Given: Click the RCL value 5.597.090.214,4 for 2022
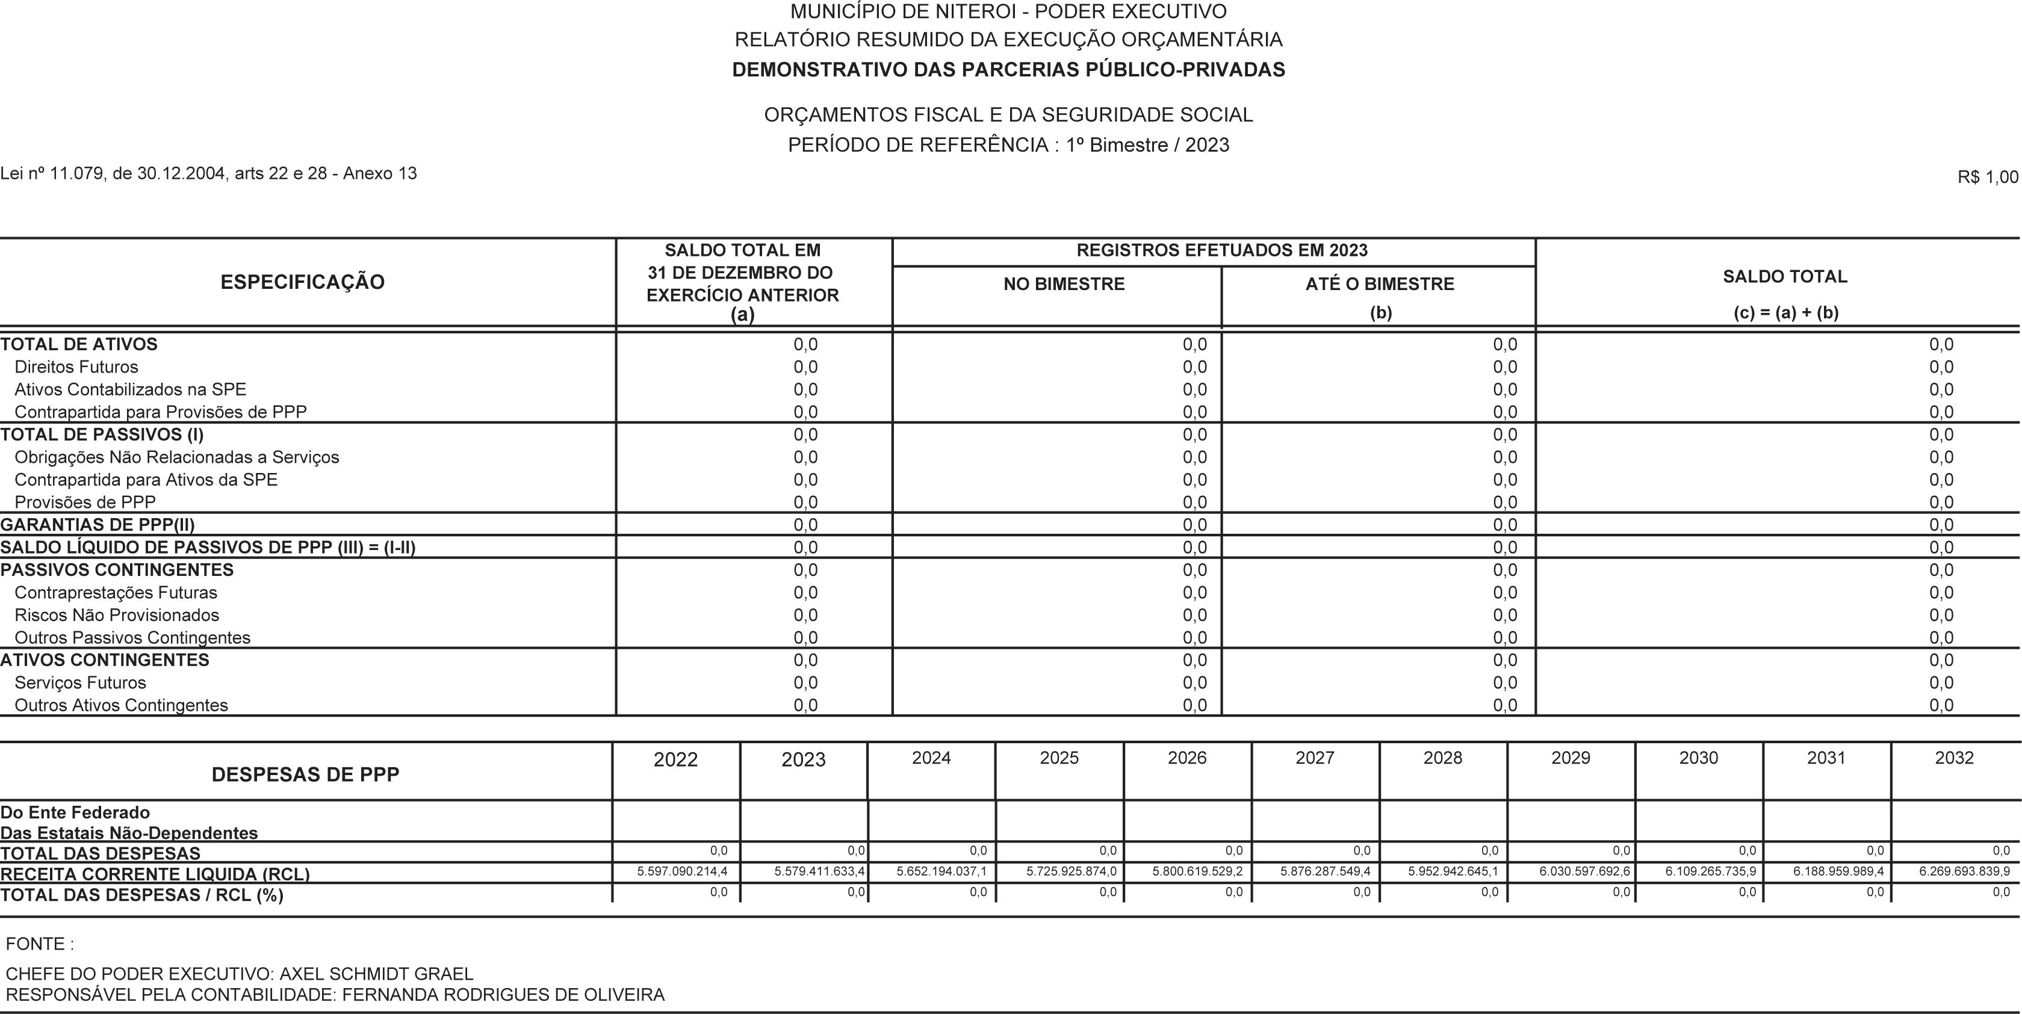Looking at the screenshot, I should point(682,871).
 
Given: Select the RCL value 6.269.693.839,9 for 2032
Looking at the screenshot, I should point(1964,871).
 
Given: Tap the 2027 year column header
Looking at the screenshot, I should point(1315,758).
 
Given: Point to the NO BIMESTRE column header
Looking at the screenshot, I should point(1064,284).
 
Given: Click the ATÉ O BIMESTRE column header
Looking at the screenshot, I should point(1379,284).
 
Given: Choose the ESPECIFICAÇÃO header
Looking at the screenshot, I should point(302,282).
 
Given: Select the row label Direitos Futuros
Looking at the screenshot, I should point(76,367).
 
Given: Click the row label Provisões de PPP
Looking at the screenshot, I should point(85,502).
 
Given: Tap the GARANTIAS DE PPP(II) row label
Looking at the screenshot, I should point(98,525).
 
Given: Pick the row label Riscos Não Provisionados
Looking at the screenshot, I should point(117,615).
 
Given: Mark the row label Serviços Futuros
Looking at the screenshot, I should point(80,683).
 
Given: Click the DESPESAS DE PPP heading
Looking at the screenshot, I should point(305,774).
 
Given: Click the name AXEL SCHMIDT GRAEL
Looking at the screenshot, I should point(376,974).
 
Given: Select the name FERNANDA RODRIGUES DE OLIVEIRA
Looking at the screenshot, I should point(503,995).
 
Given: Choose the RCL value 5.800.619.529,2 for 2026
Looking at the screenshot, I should point(1197,871).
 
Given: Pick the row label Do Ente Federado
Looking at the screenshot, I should point(75,812).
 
